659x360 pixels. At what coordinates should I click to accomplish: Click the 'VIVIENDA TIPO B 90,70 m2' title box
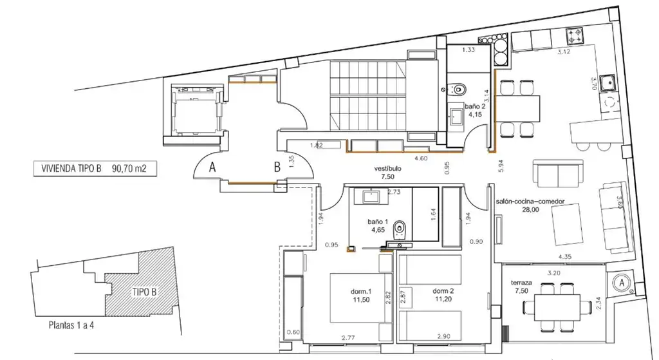point(95,169)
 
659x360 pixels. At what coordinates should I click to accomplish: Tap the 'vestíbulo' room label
point(387,169)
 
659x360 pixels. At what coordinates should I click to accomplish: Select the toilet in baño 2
point(458,89)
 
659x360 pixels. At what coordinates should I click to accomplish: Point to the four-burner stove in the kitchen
point(575,36)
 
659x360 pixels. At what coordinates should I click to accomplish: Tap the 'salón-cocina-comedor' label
point(530,202)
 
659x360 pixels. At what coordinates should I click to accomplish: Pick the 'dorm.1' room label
point(361,291)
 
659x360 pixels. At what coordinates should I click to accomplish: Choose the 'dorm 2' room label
point(443,291)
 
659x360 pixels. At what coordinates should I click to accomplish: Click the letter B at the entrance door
point(277,167)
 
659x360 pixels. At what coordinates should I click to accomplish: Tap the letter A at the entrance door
point(212,167)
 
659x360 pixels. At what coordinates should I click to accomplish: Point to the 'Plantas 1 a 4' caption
point(71,325)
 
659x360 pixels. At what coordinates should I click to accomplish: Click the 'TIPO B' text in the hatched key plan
point(145,292)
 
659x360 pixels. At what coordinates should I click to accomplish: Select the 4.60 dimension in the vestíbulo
point(421,158)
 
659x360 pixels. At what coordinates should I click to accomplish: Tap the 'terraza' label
point(521,283)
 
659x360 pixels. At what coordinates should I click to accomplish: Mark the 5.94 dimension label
point(501,166)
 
